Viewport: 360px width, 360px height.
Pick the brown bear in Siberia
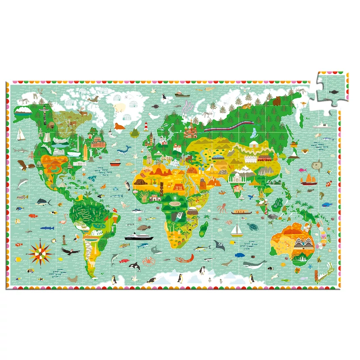275,101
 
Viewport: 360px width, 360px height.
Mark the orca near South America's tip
134,266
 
